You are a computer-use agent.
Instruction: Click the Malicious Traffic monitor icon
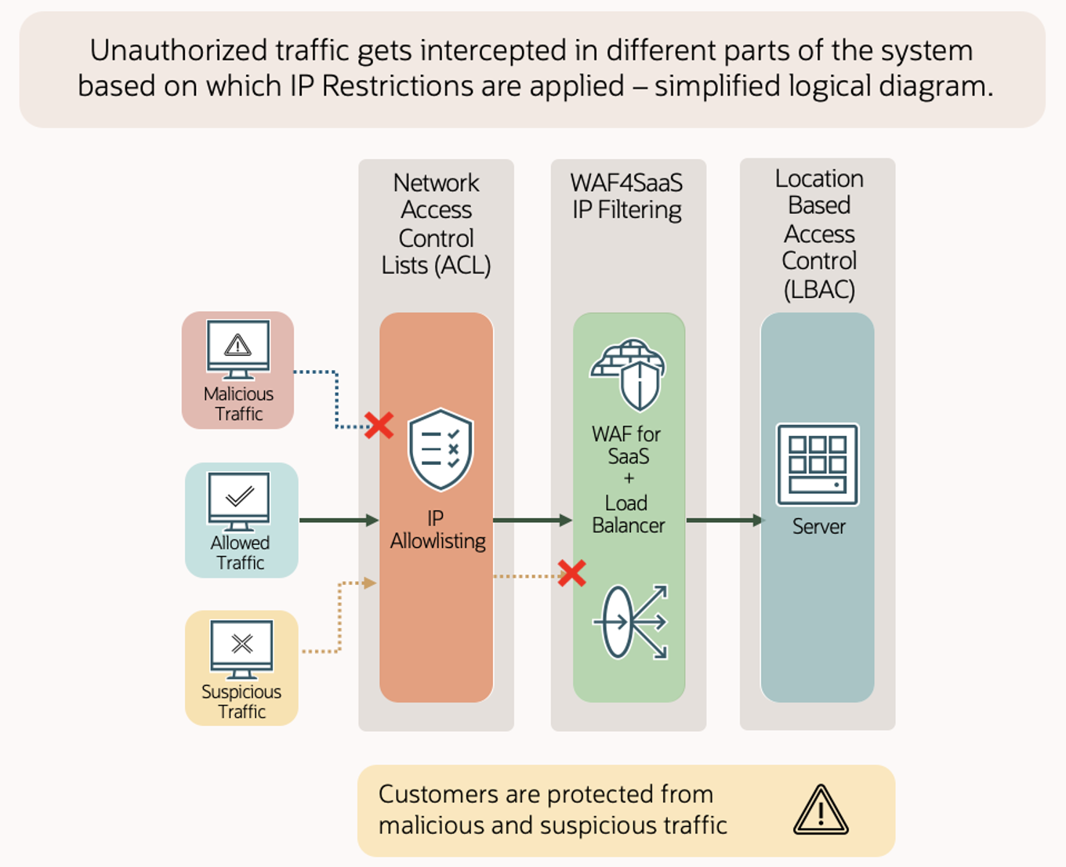(238, 348)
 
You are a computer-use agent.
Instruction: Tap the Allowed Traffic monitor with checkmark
(239, 499)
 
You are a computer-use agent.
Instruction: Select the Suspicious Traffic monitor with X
(242, 648)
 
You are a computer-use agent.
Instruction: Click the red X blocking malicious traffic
(379, 426)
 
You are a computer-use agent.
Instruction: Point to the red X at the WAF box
(572, 573)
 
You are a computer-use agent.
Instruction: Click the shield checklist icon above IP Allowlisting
(441, 449)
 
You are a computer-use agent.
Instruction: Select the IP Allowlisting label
(437, 530)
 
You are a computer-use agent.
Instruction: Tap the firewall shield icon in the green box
(629, 375)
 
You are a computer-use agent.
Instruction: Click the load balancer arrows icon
(631, 622)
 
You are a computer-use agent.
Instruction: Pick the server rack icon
(818, 464)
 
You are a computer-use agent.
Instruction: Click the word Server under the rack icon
(818, 527)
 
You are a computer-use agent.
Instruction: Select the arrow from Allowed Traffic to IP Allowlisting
(339, 520)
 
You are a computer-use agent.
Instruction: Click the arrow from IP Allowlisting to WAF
(532, 520)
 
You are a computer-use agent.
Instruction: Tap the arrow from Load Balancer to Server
(723, 520)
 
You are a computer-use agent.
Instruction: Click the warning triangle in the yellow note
(821, 811)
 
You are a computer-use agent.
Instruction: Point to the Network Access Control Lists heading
(436, 224)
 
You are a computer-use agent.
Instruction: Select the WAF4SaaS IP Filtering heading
(626, 196)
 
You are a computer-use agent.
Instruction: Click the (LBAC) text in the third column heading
(819, 289)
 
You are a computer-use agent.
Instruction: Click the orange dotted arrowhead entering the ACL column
(370, 582)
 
